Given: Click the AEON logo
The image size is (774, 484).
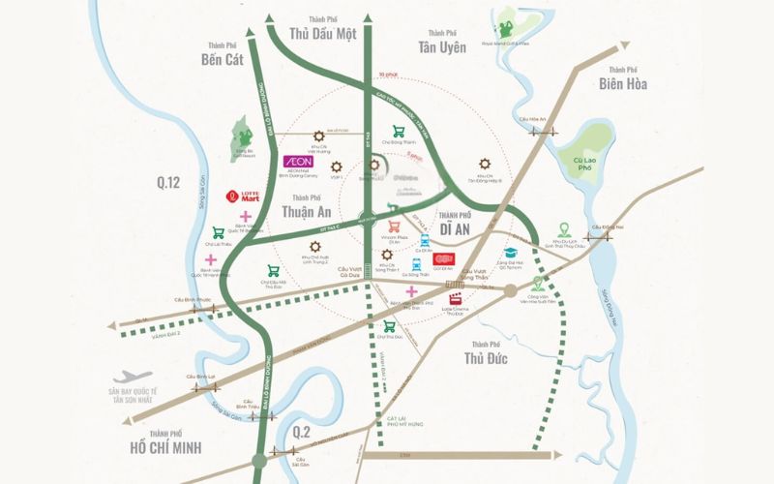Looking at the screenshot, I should (296, 162).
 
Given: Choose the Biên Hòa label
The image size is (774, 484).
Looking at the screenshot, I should (623, 83).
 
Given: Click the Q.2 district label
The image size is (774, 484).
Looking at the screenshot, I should (303, 432).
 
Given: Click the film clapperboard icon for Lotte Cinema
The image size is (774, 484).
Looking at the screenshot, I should (453, 297).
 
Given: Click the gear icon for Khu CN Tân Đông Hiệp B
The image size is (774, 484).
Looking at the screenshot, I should (484, 164).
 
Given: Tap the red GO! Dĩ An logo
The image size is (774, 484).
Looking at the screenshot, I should (443, 258).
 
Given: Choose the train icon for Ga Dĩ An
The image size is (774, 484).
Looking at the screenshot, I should (422, 237).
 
